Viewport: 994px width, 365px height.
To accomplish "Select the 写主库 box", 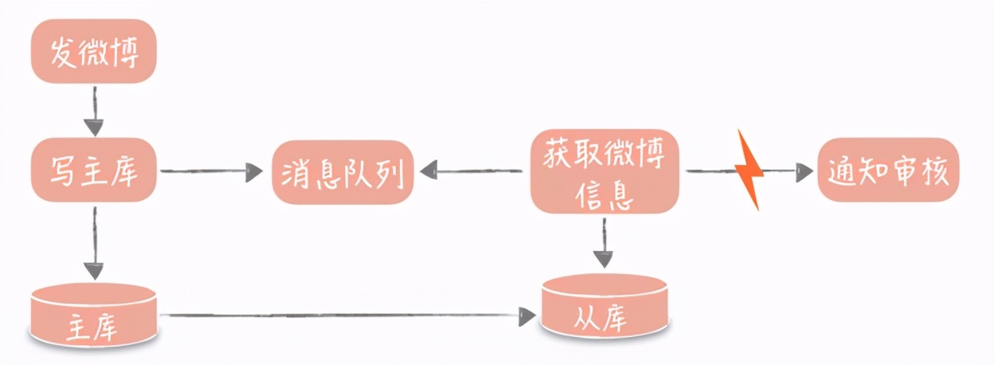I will [94, 171].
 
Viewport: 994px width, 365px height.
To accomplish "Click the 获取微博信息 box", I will [605, 171].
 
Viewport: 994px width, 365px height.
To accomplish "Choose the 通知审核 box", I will [887, 170].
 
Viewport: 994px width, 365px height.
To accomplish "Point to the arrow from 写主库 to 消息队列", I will [211, 171].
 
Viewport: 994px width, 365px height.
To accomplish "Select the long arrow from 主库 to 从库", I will [342, 316].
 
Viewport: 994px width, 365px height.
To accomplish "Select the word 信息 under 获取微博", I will [605, 196].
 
